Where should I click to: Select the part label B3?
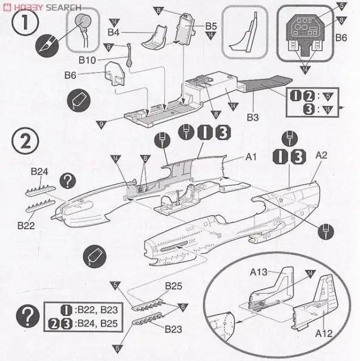(x=253, y=117)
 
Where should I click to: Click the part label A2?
(x=322, y=154)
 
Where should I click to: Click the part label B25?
(x=173, y=286)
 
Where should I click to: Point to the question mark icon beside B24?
(x=68, y=180)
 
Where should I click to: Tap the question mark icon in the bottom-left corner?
(x=25, y=313)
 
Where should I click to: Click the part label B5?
(x=211, y=26)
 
